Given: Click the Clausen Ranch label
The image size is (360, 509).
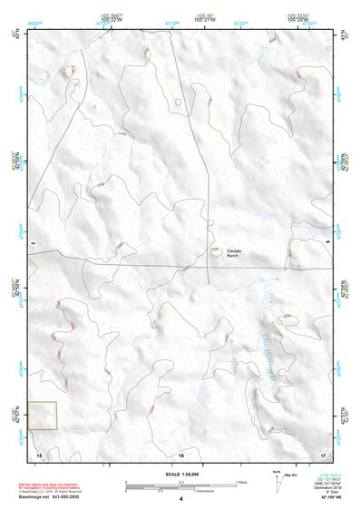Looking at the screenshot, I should pos(232,254).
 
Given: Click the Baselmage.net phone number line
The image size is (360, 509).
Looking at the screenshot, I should pos(49,499).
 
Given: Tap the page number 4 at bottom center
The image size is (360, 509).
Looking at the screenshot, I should pos(181,499).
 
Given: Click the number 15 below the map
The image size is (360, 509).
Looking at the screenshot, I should pos(38,454).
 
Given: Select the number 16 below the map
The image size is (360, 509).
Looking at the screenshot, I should pos(181,454).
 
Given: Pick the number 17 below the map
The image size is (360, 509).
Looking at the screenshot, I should pos(323,454).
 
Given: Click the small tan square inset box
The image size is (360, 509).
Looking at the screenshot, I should pos(43,416).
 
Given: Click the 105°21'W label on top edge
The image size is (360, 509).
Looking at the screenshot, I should pos(204,18).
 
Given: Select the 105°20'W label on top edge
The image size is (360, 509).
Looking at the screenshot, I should pos(300,18).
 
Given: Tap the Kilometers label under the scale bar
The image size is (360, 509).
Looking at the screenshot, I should pos(181,493).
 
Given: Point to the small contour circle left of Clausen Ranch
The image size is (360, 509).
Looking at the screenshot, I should pos(215,249).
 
